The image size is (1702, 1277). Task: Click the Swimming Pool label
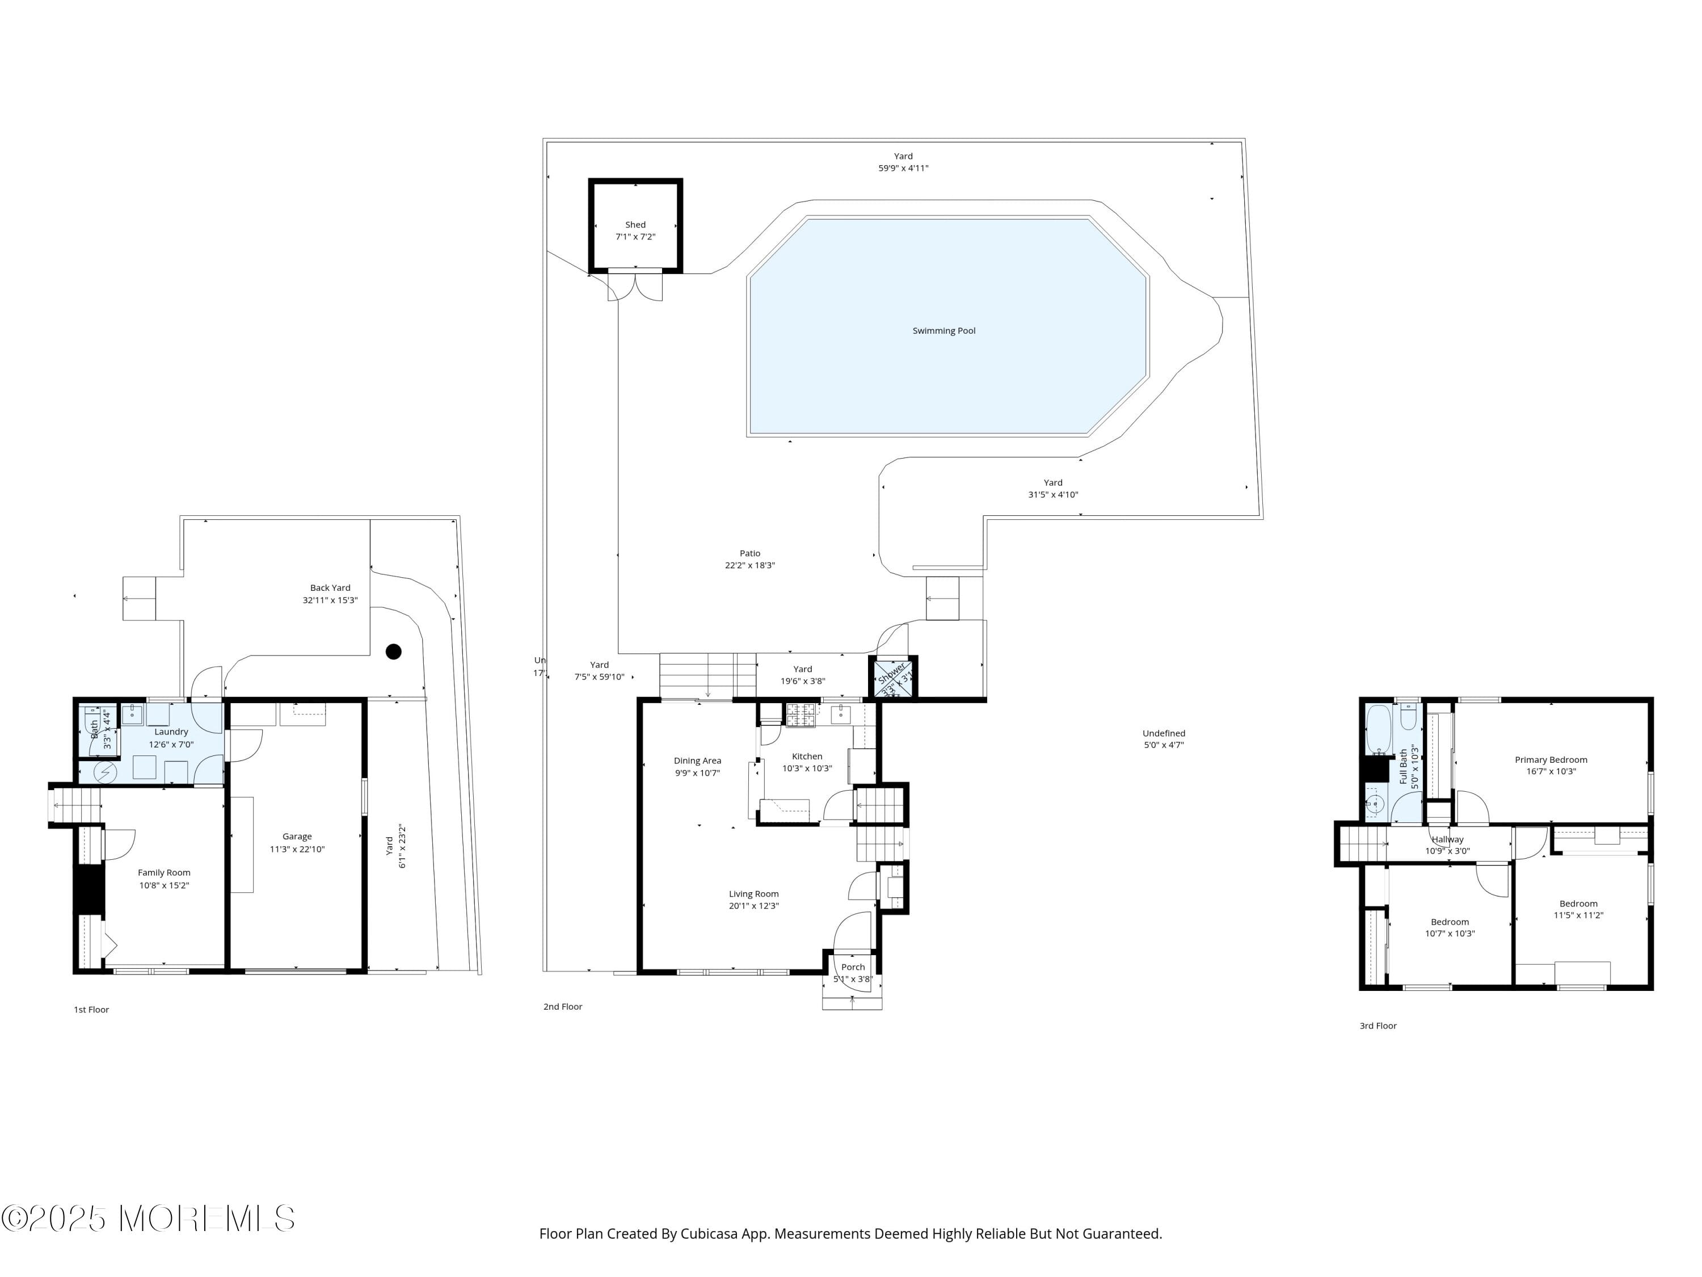[943, 331]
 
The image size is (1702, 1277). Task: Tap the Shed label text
[635, 225]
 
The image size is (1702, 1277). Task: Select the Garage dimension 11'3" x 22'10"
[297, 850]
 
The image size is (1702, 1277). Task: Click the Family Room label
[164, 872]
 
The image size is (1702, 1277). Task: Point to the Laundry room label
[171, 732]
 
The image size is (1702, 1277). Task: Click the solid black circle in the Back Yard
[393, 652]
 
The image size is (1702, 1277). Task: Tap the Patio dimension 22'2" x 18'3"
[749, 565]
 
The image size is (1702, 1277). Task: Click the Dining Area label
[697, 761]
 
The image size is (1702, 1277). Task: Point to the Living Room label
[753, 894]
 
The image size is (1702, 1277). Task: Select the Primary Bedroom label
[1551, 760]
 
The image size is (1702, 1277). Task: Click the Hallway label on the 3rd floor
[1447, 840]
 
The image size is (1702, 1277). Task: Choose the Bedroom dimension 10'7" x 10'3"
[1450, 934]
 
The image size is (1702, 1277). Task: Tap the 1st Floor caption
[91, 1010]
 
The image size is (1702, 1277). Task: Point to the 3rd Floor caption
[1377, 1026]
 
